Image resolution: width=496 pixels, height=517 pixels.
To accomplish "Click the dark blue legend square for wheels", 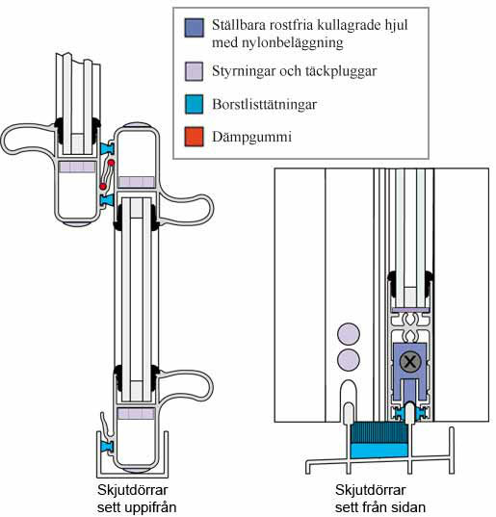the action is coord(194,28).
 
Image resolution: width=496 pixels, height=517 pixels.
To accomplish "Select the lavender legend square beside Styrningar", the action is coord(194,71).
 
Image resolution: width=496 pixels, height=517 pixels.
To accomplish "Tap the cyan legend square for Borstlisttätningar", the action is coord(194,104).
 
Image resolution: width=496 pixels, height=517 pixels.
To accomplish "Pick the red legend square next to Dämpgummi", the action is coord(194,137).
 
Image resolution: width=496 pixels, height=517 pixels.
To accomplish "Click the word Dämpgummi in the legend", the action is coord(252,137).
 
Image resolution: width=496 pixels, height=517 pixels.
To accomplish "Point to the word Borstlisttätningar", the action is coord(265,105).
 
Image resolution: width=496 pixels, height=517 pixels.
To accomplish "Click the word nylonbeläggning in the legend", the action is coord(277,43).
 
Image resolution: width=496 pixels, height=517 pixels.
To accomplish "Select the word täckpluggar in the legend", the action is coord(338,71).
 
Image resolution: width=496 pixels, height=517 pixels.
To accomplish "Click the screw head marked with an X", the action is coord(410,362).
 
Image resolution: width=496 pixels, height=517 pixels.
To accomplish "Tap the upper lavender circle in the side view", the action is coord(349,334).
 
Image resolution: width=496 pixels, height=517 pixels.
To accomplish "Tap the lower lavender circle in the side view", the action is coord(349,359).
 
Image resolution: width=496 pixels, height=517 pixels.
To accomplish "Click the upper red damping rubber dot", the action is coord(111,163).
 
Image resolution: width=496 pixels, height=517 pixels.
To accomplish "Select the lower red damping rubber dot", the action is coord(103,186).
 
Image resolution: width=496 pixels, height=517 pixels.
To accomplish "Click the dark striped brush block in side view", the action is coord(379,432).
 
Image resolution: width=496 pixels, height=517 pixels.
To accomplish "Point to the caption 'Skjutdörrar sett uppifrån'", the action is coord(137,499).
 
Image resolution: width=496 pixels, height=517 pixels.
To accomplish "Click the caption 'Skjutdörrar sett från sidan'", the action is coord(379,499).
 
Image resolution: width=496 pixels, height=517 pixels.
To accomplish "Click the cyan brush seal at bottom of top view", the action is coord(108,446).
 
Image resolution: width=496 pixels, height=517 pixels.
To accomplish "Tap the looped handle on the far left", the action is coord(27,140).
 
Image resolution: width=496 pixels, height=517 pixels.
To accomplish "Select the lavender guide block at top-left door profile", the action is coord(77,167).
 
